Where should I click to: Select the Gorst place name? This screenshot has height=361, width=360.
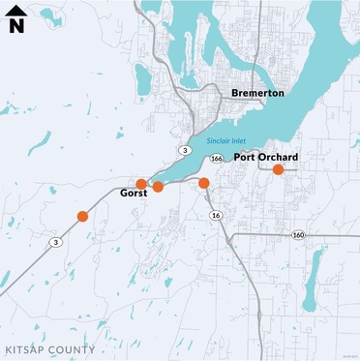133,194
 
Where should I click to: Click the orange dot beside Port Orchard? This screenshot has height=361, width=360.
278,169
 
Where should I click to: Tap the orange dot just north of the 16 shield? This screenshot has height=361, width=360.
204,182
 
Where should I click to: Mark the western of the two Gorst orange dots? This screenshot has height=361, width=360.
141,184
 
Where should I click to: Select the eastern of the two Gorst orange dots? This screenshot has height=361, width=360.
158,187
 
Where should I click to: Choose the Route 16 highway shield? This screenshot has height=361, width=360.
215,215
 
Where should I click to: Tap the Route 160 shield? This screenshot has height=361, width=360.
298,234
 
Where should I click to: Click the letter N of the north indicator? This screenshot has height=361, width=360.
16,26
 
